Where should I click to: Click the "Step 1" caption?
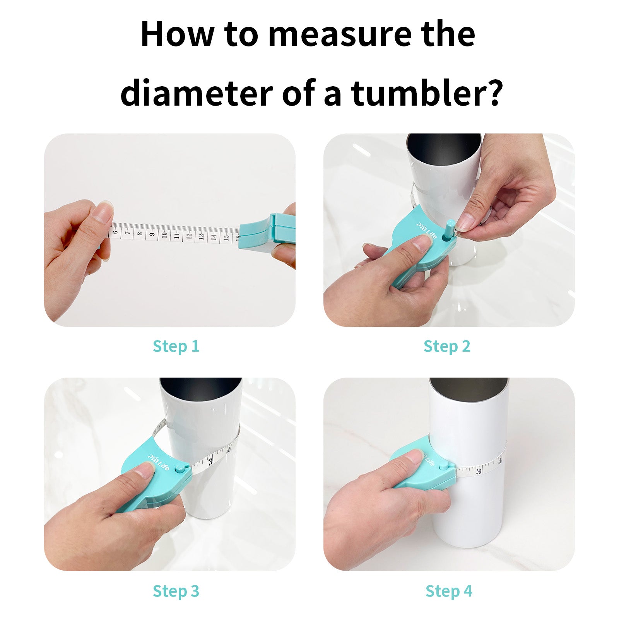176,346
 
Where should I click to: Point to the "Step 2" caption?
447,346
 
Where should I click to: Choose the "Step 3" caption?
176,591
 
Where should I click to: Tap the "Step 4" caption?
449,591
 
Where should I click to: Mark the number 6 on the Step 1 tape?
115,232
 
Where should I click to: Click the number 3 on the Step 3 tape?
210,462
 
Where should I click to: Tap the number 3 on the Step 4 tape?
479,471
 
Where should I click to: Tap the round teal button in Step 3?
179,469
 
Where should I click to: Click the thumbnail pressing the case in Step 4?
414,457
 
